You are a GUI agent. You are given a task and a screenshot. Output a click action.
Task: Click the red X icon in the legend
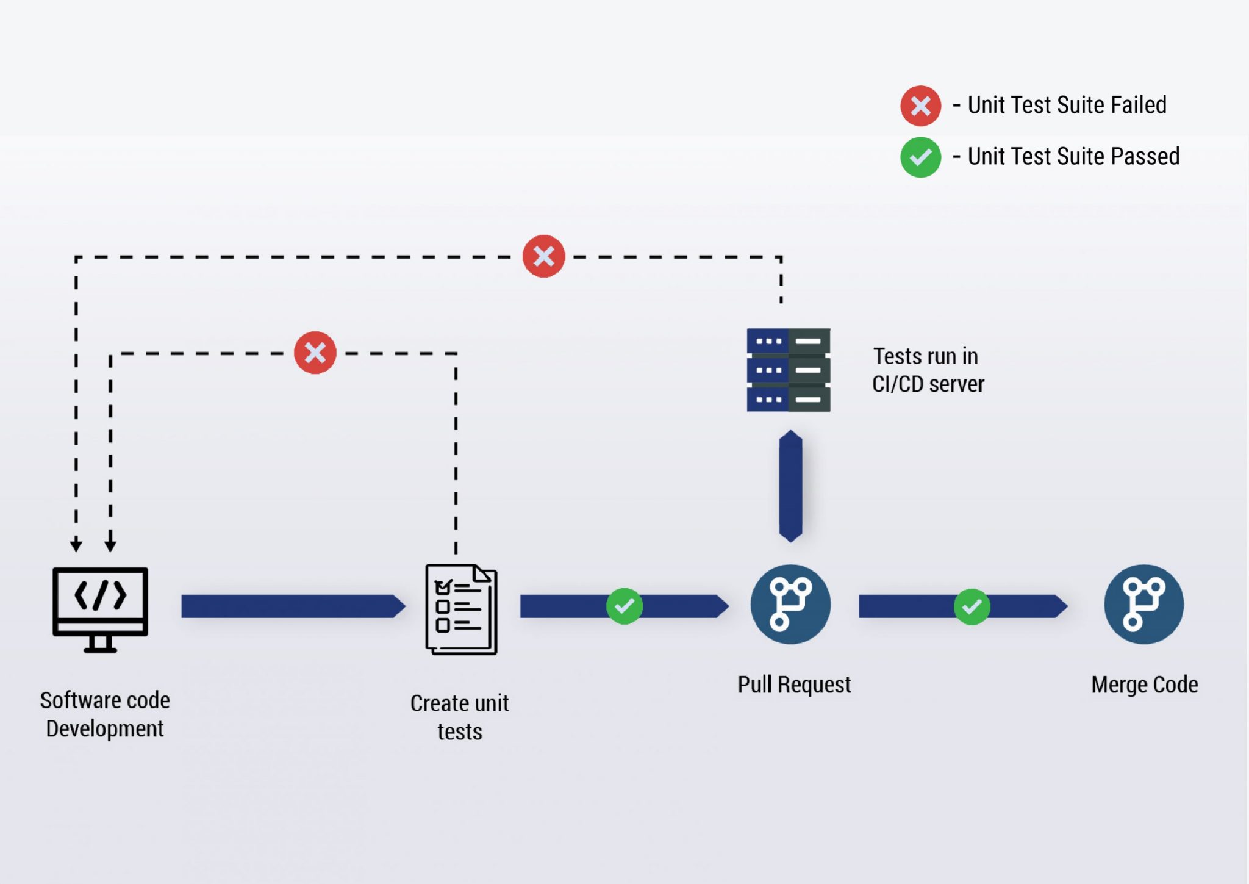coord(920,106)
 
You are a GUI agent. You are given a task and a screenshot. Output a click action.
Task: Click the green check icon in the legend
coord(920,157)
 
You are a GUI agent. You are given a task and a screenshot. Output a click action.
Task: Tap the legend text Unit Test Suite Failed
coord(1067,105)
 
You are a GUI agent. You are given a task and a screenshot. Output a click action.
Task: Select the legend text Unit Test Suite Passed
coord(1073,156)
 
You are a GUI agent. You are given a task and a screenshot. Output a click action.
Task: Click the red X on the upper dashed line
coord(543,256)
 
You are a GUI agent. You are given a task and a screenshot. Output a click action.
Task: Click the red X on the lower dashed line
coord(315,353)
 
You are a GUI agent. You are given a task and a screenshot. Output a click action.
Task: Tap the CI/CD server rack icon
coord(788,370)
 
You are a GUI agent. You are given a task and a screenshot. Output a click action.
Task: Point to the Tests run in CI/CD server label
coord(928,370)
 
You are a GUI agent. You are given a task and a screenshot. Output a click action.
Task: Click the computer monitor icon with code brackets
coord(101,609)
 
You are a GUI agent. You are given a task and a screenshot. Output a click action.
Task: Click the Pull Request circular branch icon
coord(790,604)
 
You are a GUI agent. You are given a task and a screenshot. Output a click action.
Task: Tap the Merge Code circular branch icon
coord(1143,604)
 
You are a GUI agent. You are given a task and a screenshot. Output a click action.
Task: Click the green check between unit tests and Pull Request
coord(624,606)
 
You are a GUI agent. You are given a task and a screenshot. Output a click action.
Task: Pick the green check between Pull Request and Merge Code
coord(972,606)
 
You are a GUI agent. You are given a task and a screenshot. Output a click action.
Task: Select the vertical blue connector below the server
coord(790,486)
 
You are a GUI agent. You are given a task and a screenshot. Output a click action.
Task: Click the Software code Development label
coord(105,714)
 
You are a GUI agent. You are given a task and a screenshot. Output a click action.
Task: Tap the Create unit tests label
coord(460,717)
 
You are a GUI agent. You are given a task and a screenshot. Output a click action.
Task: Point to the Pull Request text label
coord(794,685)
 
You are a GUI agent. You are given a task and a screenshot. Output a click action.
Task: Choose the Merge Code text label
coord(1144,685)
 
